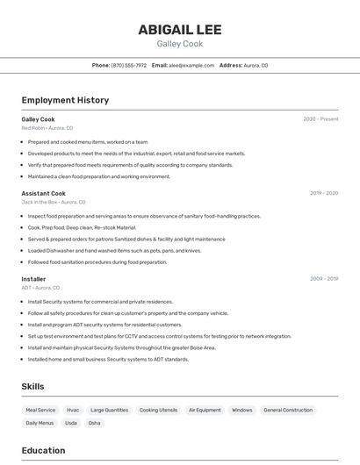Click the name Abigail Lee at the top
(179, 29)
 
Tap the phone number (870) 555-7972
(128, 66)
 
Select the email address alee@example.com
(191, 66)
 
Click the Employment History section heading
(65, 100)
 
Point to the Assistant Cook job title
(44, 193)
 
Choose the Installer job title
(33, 279)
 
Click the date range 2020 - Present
(320, 119)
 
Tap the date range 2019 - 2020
(324, 193)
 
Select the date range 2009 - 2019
(324, 279)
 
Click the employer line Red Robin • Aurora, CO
(47, 128)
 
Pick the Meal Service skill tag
(40, 410)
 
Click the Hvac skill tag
(73, 410)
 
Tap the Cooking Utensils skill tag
(158, 410)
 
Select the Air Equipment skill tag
(205, 410)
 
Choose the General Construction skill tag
(288, 410)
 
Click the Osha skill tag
(94, 423)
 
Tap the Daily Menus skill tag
(40, 423)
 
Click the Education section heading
(43, 450)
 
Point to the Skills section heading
(32, 386)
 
